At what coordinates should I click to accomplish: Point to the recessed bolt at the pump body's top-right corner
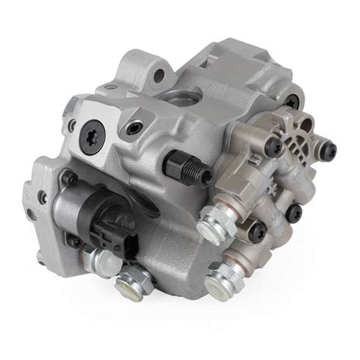(x=290, y=99)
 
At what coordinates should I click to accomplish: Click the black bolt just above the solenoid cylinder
(x=69, y=178)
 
